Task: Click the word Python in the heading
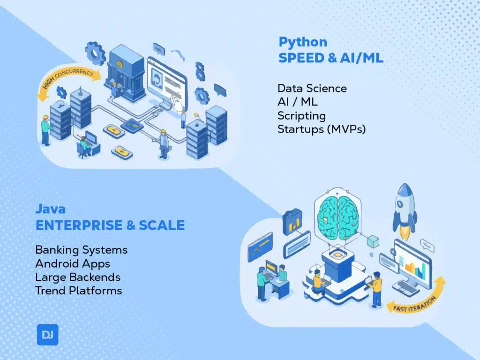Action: [x=303, y=42]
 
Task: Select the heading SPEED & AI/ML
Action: [x=331, y=58]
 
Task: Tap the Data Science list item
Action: [x=312, y=88]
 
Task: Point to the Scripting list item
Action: [x=301, y=115]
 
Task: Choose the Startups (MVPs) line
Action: [x=321, y=128]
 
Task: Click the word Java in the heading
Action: [x=50, y=209]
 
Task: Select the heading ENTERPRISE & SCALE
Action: [x=110, y=225]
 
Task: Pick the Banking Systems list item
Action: [x=81, y=250]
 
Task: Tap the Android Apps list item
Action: [x=73, y=263]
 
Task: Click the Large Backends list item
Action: [x=78, y=277]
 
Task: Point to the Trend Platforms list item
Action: [x=78, y=291]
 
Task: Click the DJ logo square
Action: [x=47, y=335]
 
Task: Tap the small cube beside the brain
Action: [x=373, y=241]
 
